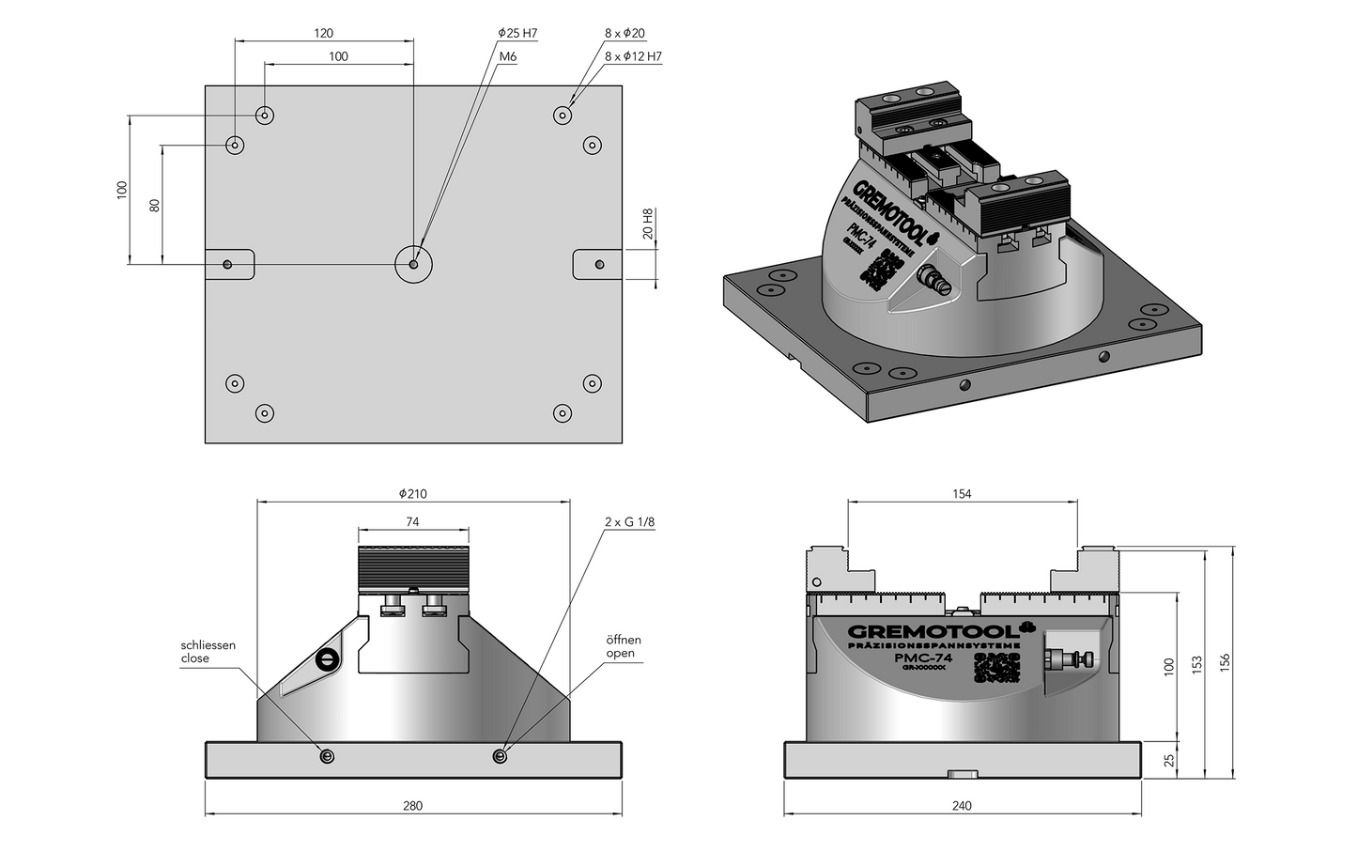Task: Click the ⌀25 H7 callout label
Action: [517, 34]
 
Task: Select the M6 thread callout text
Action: [508, 56]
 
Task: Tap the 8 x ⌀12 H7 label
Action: [633, 56]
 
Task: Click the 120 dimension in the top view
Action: [323, 33]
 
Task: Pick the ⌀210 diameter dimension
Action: [413, 493]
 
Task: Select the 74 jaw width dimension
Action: [412, 521]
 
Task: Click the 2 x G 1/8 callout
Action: [629, 521]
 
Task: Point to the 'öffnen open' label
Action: [624, 646]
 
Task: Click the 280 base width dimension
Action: [412, 806]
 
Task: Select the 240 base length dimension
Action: [962, 806]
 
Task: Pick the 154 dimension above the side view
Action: [962, 493]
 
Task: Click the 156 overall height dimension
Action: [1224, 662]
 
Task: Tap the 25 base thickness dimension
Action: [1169, 759]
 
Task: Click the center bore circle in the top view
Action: [413, 264]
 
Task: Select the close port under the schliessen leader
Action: [326, 757]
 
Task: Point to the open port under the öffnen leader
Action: [500, 757]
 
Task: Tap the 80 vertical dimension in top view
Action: [155, 204]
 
